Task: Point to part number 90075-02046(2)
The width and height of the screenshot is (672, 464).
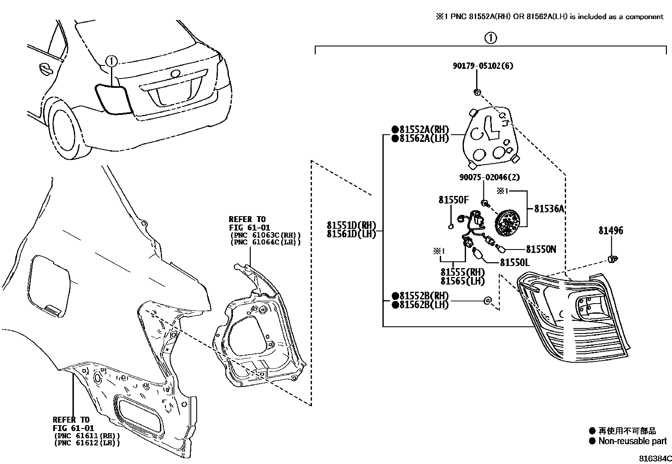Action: pos(489,178)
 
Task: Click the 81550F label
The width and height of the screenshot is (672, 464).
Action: pos(453,200)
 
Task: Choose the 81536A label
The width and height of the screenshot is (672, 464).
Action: pos(549,209)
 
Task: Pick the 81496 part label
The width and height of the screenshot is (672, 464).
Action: pos(610,231)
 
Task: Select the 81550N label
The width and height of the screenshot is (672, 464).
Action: pos(541,250)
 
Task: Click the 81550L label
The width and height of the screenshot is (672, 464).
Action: pos(515,263)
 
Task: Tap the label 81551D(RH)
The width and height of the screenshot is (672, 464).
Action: pos(351,225)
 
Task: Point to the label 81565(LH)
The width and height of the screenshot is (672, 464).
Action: pos(462,281)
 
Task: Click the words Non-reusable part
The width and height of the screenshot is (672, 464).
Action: pos(632,441)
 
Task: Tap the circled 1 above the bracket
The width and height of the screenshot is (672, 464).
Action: pos(490,38)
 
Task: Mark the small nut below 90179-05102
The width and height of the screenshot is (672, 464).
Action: pos(477,92)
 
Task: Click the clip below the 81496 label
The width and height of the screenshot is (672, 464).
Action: pos(612,259)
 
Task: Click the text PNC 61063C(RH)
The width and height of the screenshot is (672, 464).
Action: pos(266,235)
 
